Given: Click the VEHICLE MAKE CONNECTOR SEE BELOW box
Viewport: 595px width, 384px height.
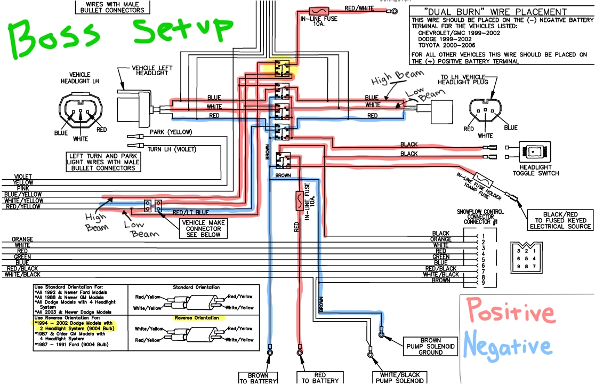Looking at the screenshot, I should (x=203, y=228).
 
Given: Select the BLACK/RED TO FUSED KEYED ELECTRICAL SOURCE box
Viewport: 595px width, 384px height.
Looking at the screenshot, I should (x=561, y=220).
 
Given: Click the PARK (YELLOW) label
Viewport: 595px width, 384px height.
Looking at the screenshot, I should (x=171, y=132).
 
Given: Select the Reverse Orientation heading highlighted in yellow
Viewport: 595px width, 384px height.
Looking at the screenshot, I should (x=197, y=318).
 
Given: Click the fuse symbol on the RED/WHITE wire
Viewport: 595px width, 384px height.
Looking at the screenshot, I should (x=319, y=10).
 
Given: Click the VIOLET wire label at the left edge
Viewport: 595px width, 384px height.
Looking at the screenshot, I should (x=23, y=177).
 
